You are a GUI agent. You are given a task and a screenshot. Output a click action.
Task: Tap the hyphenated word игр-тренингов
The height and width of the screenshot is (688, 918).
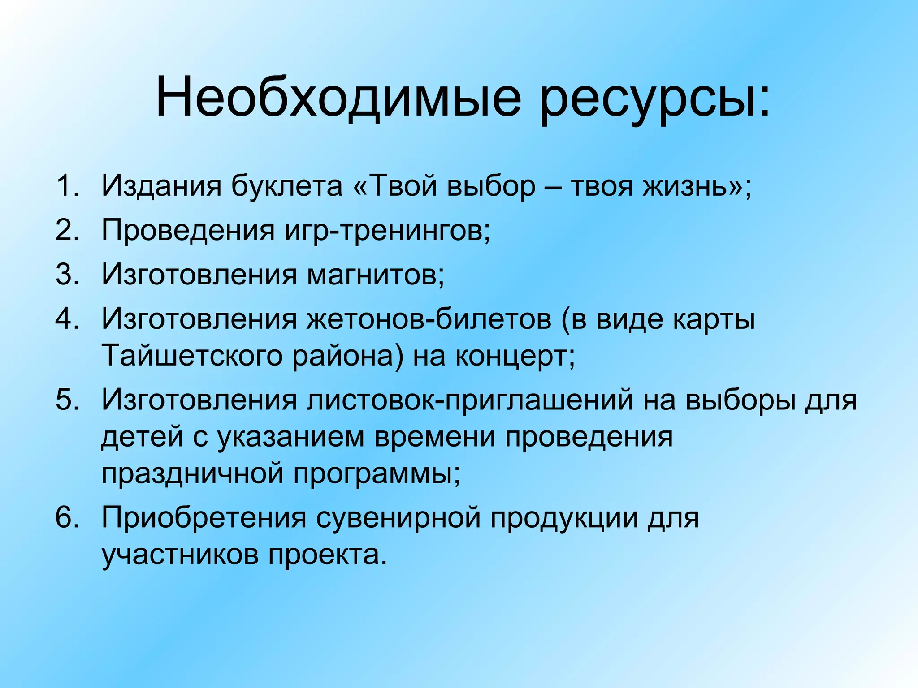click(x=387, y=231)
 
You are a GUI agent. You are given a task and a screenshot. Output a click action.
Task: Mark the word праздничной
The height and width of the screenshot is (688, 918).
click(x=192, y=474)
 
